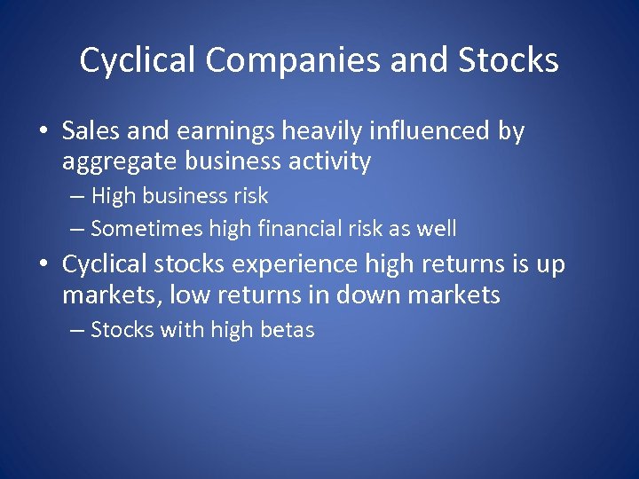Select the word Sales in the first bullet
[x=92, y=131]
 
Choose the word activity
[x=327, y=162]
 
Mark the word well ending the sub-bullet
[x=437, y=229]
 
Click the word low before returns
[x=189, y=294]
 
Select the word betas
[x=287, y=330]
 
